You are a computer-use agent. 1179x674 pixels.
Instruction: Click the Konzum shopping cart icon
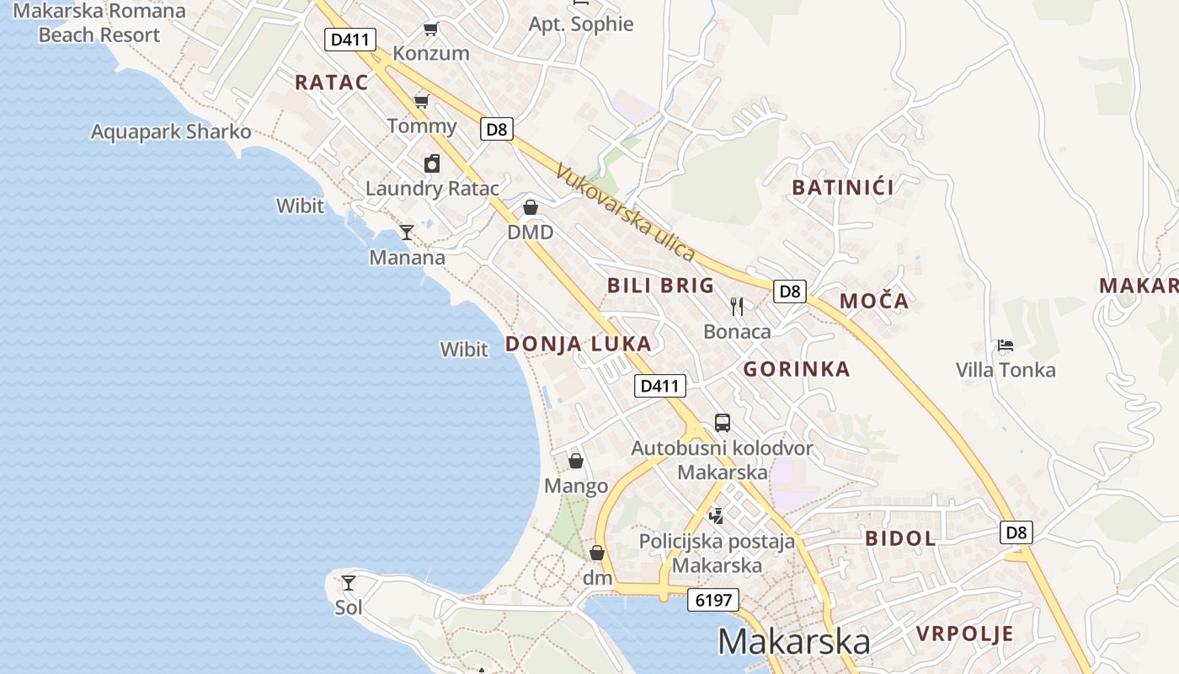tap(430, 29)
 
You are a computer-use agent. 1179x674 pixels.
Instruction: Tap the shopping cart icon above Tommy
tap(421, 102)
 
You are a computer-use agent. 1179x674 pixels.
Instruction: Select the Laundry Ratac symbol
tap(432, 163)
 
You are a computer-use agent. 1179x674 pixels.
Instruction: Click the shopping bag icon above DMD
tap(531, 207)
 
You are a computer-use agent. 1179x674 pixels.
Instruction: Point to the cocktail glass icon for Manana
tap(407, 233)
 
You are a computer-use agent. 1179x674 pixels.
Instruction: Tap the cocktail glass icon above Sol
tap(348, 582)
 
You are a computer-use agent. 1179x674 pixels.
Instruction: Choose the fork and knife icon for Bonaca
tap(737, 306)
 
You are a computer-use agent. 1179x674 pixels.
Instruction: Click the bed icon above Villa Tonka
tap(1005, 345)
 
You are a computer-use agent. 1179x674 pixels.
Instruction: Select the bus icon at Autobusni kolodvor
tap(722, 423)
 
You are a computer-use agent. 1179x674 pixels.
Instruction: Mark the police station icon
tap(716, 515)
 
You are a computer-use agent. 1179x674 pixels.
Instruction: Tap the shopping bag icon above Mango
tap(576, 461)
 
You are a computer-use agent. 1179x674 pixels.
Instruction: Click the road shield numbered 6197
tap(713, 600)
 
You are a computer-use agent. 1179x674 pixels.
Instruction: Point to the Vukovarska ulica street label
tap(626, 212)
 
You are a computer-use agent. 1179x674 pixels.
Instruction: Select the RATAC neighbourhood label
tap(332, 82)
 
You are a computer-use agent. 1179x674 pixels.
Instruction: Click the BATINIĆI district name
tap(843, 187)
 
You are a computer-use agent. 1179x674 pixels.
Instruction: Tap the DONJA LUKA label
tap(578, 344)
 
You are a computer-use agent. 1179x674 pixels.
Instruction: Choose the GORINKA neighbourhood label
tap(796, 369)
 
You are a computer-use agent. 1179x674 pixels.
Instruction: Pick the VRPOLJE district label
tap(964, 634)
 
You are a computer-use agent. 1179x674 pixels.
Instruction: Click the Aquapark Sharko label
tap(171, 132)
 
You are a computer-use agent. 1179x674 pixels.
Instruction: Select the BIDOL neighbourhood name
tap(900, 538)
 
